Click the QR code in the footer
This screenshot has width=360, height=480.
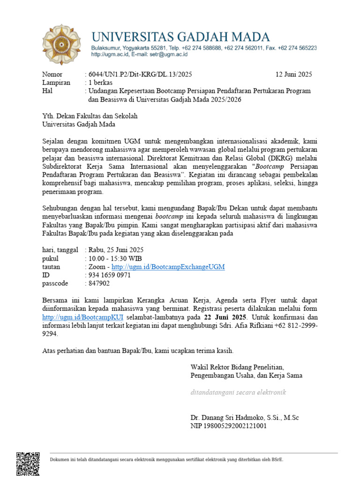tap(28, 464)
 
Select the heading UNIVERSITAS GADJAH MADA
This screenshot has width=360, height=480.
tap(180, 37)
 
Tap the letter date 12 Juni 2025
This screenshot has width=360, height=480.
tap(293, 74)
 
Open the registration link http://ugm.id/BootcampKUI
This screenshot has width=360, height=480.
tap(82, 317)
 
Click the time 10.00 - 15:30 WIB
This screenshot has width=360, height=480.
tap(114, 258)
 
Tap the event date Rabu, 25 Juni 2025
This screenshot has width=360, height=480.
tap(115, 250)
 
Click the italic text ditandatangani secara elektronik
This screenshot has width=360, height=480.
tap(238, 392)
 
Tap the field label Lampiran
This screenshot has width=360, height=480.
tap(56, 82)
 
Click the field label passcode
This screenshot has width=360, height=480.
tap(55, 284)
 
